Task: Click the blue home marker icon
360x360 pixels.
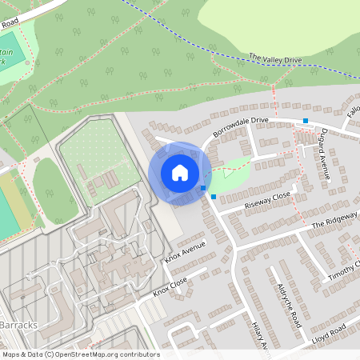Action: [180, 172]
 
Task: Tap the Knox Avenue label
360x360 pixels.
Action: [186, 250]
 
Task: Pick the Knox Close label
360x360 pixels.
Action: [170, 286]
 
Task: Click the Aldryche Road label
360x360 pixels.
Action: [287, 305]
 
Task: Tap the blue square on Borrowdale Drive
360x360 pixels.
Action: [305, 121]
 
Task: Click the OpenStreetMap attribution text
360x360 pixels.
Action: [80, 354]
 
